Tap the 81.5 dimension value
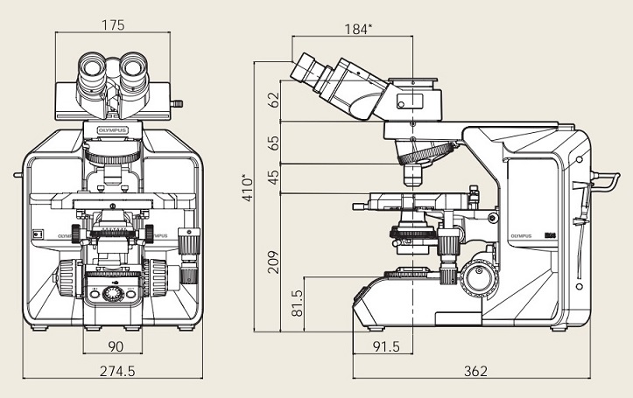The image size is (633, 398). tap(297, 302)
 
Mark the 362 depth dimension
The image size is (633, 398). tap(475, 372)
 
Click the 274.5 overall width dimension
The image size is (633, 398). tap(116, 372)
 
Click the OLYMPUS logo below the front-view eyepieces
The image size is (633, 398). tap(112, 129)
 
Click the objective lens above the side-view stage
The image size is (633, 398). tap(412, 176)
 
